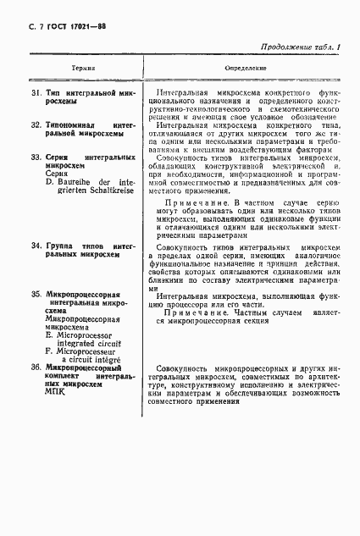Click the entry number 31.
click(x=36, y=91)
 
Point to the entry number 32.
click(x=36, y=124)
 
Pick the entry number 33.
click(x=36, y=158)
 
